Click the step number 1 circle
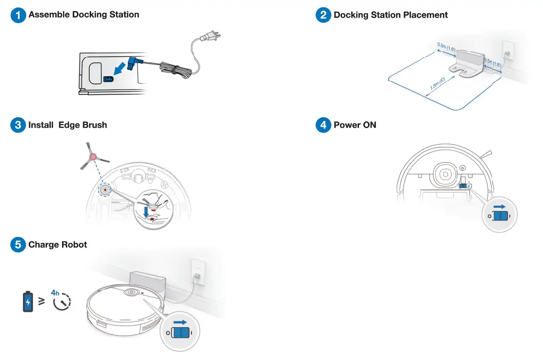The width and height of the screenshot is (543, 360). tap(18, 15)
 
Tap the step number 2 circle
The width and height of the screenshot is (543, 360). tap(323, 15)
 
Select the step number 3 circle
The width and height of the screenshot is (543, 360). tap(18, 126)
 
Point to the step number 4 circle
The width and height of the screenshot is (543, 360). tap(323, 126)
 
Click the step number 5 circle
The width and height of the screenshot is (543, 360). tap(18, 245)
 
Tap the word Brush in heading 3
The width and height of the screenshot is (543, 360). tap(94, 126)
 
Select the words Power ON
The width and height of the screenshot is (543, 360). tap(355, 126)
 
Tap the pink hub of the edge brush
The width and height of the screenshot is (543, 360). tap(93, 157)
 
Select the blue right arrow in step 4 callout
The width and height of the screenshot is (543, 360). tap(500, 206)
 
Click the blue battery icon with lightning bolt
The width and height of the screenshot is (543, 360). tap(28, 302)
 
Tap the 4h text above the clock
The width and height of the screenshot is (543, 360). tap(55, 293)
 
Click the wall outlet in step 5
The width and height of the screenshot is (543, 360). tap(196, 271)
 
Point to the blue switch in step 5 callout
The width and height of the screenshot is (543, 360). tap(180, 333)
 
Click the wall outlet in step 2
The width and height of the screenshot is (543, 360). tap(507, 51)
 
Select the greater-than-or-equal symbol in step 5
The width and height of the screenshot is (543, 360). tap(41, 302)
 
